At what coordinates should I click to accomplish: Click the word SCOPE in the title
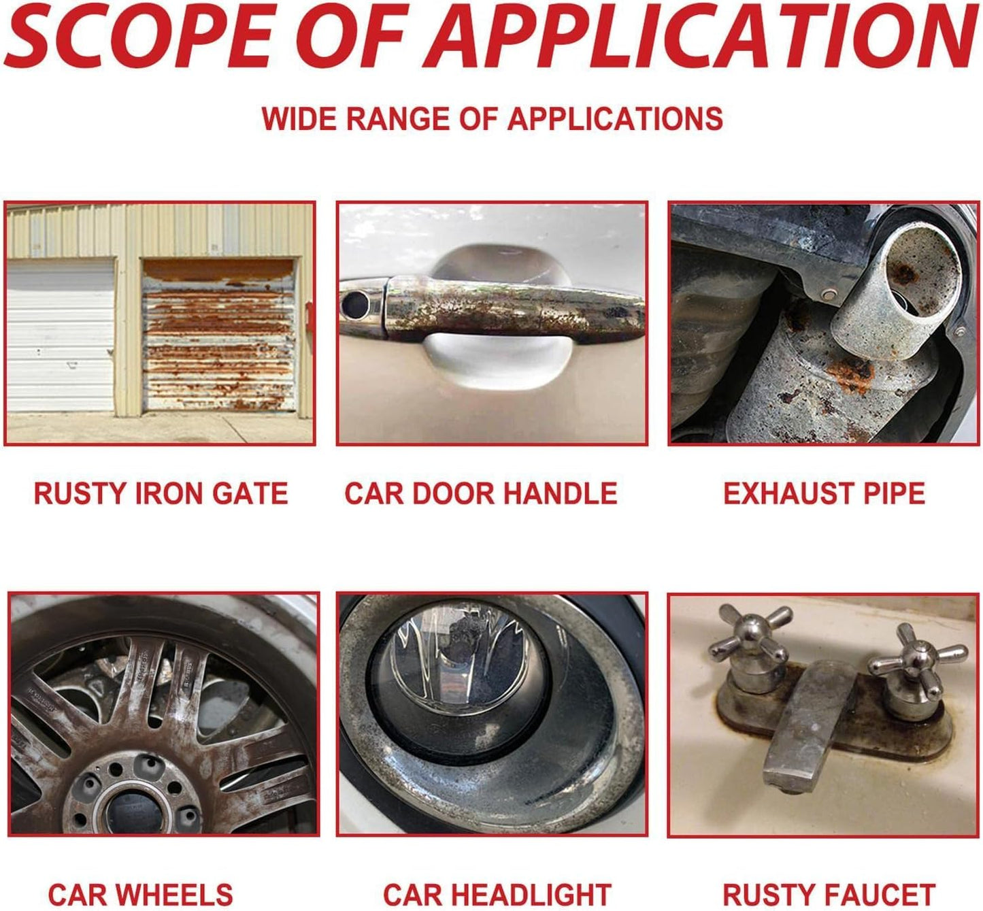[x=139, y=35]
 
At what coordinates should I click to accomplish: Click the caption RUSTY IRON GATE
[x=161, y=493]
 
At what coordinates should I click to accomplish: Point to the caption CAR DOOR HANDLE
[x=481, y=493]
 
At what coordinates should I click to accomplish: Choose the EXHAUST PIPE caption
[x=824, y=493]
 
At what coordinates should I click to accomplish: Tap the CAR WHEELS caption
[x=141, y=895]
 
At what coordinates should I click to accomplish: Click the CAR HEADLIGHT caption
[x=497, y=895]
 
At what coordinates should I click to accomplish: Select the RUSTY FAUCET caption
[x=829, y=895]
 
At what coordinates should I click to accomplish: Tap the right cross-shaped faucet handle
[x=916, y=659]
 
